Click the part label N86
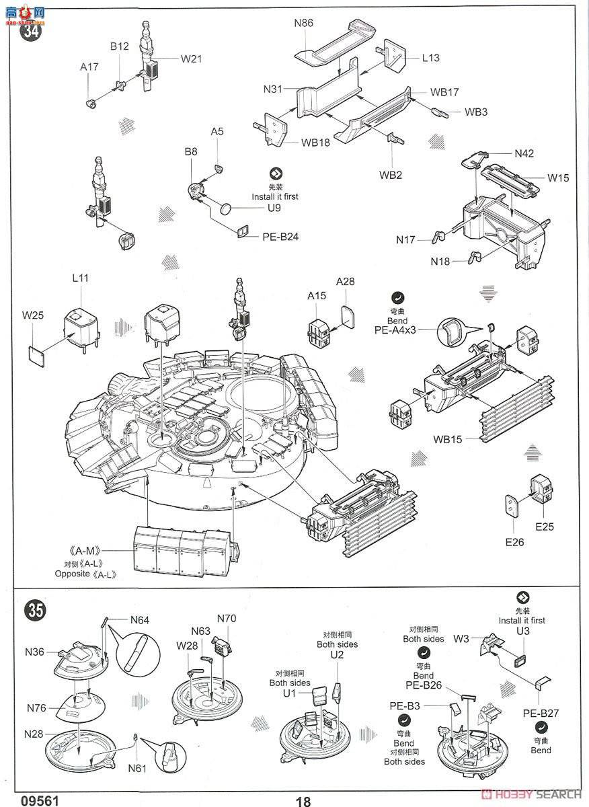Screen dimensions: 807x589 point(303,22)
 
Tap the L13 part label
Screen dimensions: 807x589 point(431,58)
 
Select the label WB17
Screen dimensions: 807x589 point(444,91)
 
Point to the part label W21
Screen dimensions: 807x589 point(191,59)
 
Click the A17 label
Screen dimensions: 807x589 point(89,67)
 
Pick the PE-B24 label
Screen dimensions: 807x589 point(280,236)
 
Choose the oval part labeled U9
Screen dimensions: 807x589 point(227,208)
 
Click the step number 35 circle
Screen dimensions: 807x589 point(35,609)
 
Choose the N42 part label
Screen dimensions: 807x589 point(524,153)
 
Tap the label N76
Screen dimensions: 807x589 point(37,707)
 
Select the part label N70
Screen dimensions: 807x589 point(227,618)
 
